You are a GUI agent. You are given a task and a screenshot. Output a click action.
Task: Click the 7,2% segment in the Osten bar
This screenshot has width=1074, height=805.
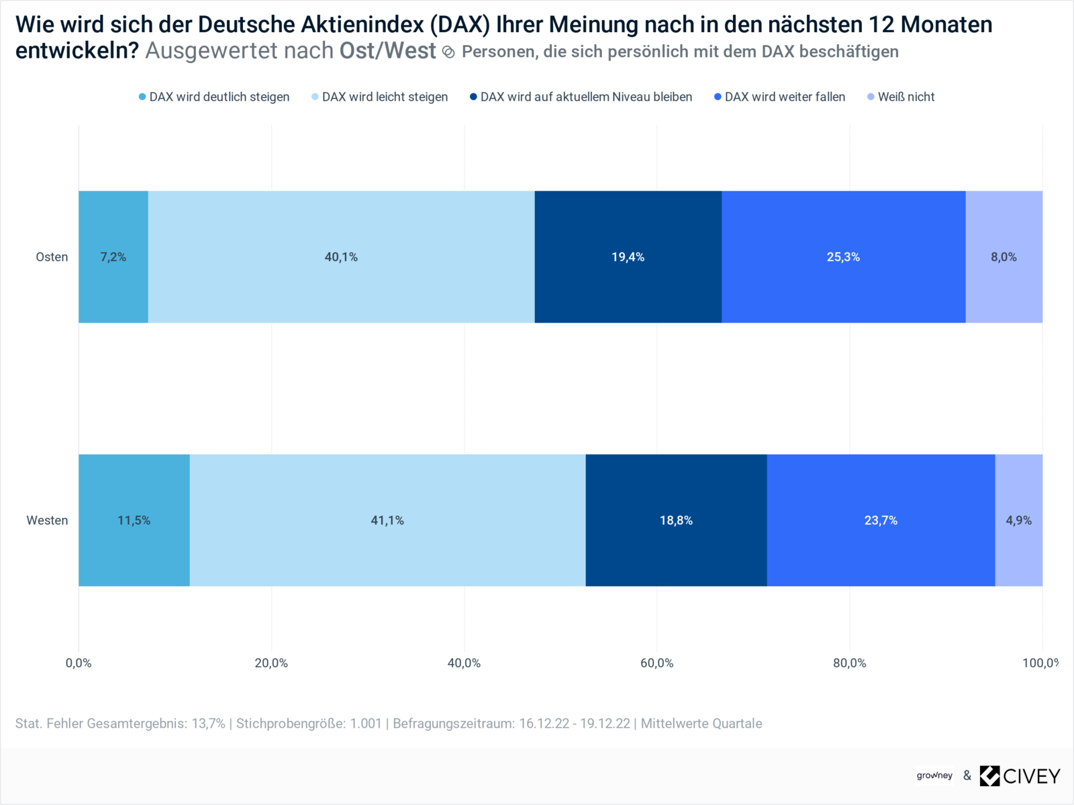pos(113,257)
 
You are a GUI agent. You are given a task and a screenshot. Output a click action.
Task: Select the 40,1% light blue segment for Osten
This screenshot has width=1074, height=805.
pos(341,257)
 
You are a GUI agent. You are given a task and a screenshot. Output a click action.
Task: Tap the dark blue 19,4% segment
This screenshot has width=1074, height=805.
pos(628,257)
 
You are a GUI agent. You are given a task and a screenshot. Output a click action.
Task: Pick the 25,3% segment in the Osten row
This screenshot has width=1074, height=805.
pos(843,257)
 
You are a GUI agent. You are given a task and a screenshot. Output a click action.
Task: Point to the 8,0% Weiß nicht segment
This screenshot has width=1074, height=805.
pos(1004,257)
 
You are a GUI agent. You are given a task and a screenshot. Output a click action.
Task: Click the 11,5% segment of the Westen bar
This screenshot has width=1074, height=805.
pos(134,521)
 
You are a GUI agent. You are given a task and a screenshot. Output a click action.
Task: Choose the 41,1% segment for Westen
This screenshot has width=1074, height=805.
pos(387,521)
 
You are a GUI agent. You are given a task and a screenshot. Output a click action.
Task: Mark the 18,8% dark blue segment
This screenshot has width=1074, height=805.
pos(676,521)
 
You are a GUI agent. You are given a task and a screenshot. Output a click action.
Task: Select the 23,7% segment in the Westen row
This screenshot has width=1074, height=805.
pos(881,521)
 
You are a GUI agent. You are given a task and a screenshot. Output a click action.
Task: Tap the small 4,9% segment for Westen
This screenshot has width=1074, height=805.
pos(1018,521)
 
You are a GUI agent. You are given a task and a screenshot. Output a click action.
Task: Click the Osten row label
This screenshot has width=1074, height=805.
pos(52,257)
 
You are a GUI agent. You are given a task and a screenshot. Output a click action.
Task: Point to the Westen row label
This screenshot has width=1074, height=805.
pos(47,521)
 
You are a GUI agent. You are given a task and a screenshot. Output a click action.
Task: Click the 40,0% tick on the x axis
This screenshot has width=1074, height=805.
pos(464,663)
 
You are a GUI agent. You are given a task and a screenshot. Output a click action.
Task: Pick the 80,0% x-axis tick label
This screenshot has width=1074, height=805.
pos(849,663)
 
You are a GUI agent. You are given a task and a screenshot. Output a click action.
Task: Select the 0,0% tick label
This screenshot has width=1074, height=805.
pos(79,663)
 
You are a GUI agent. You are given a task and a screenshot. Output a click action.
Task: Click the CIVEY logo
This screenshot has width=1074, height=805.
pos(1020,776)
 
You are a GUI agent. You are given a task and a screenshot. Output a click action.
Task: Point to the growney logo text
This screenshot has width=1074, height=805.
pos(934,775)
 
